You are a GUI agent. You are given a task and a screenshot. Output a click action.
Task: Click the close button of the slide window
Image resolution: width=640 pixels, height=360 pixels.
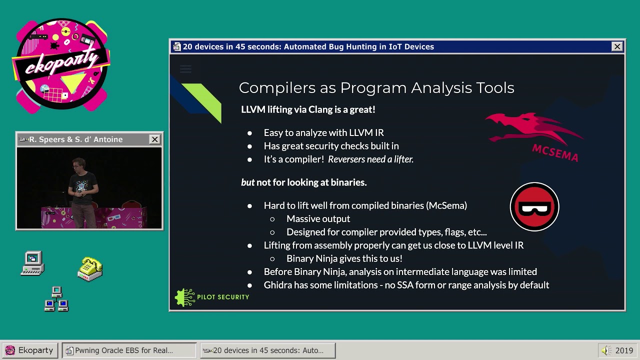[x=617, y=46]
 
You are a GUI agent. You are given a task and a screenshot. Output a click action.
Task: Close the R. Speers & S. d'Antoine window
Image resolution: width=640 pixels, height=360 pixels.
[x=155, y=139]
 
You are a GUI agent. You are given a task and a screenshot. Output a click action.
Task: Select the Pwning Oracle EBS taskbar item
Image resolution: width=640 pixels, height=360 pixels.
[x=129, y=350]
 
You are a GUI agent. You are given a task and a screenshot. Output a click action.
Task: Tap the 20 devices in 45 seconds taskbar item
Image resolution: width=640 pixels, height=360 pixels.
[x=267, y=350]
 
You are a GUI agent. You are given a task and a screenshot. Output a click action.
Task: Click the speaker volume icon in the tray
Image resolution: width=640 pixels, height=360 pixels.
[x=606, y=350]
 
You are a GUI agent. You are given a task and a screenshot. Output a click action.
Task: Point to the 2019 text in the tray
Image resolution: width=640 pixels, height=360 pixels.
[x=624, y=350]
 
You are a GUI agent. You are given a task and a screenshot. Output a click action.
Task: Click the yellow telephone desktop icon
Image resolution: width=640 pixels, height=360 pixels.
[x=90, y=269]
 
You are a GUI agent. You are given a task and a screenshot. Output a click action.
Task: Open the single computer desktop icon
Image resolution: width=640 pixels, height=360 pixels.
[x=33, y=263]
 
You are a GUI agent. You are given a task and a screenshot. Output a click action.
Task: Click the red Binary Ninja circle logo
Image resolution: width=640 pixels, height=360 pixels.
[x=534, y=206]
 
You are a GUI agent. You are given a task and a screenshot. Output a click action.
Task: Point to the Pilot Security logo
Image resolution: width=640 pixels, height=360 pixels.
[x=212, y=297]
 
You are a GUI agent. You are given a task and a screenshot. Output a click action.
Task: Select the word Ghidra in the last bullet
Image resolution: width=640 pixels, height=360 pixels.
[x=278, y=285]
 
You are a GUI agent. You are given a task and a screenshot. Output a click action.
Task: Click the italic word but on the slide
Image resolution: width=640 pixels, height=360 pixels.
[x=247, y=182]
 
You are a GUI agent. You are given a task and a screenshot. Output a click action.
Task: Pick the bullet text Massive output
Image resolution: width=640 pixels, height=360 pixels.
[x=318, y=219]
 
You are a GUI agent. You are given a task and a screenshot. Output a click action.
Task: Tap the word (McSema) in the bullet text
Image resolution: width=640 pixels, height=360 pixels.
[x=447, y=205]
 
